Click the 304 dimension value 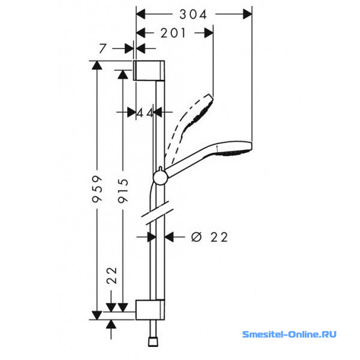(193, 14)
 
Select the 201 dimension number (173, 33)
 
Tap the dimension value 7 (103, 49)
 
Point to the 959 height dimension (97, 189)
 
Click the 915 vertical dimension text (123, 191)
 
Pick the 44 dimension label (145, 113)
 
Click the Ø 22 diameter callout (209, 237)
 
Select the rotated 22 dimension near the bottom (112, 275)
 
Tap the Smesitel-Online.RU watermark (289, 334)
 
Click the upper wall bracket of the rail (149, 70)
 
